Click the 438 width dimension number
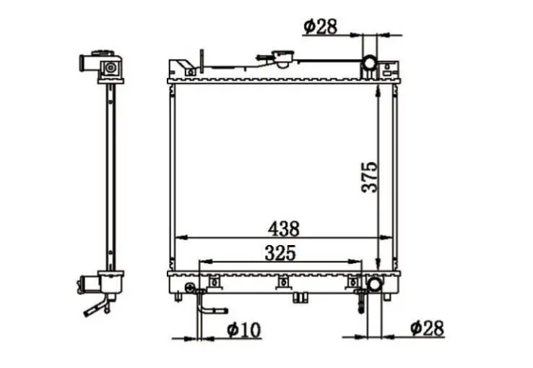[x=284, y=228]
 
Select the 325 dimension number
[x=280, y=253]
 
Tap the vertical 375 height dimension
[x=370, y=177]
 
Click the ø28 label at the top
[x=321, y=27]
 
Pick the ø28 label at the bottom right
[x=428, y=328]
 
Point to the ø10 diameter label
[x=244, y=330]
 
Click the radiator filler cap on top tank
[x=283, y=59]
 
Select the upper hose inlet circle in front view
[x=370, y=63]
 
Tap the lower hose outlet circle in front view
[x=375, y=284]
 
